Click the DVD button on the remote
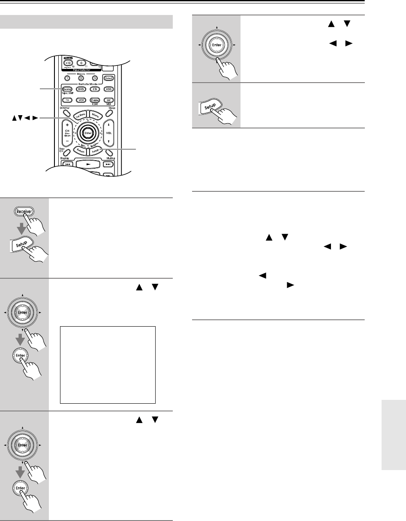click(x=81, y=89)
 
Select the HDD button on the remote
click(x=109, y=89)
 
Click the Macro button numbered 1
click(x=66, y=78)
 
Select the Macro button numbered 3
click(x=95, y=78)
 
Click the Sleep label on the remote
click(x=113, y=109)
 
